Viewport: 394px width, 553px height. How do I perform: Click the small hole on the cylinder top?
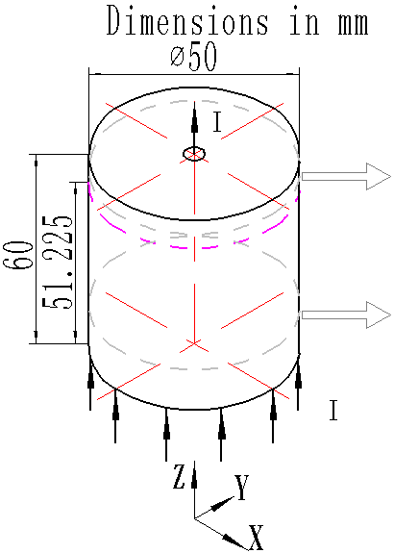tap(194, 154)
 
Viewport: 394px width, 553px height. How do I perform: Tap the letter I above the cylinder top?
tap(217, 122)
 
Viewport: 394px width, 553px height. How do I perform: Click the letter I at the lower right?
tap(332, 412)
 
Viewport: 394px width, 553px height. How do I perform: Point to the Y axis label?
tap(242, 490)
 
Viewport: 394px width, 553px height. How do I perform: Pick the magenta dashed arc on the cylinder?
tap(192, 244)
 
